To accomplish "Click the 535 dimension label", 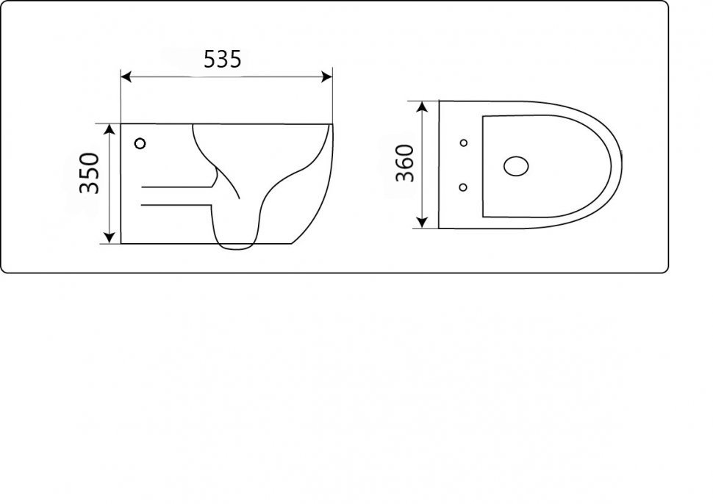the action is (223, 59).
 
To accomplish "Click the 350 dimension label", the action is (89, 173).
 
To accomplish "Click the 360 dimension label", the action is (405, 162).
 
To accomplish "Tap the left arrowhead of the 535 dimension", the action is (126, 77).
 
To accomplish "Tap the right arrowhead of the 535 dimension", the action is (326, 77).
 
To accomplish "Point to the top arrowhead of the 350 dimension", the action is (109, 129).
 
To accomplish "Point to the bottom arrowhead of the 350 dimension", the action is (109, 237).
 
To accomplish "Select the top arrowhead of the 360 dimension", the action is (423, 107).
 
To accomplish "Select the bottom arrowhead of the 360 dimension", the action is (423, 222).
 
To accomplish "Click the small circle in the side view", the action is (140, 143).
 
